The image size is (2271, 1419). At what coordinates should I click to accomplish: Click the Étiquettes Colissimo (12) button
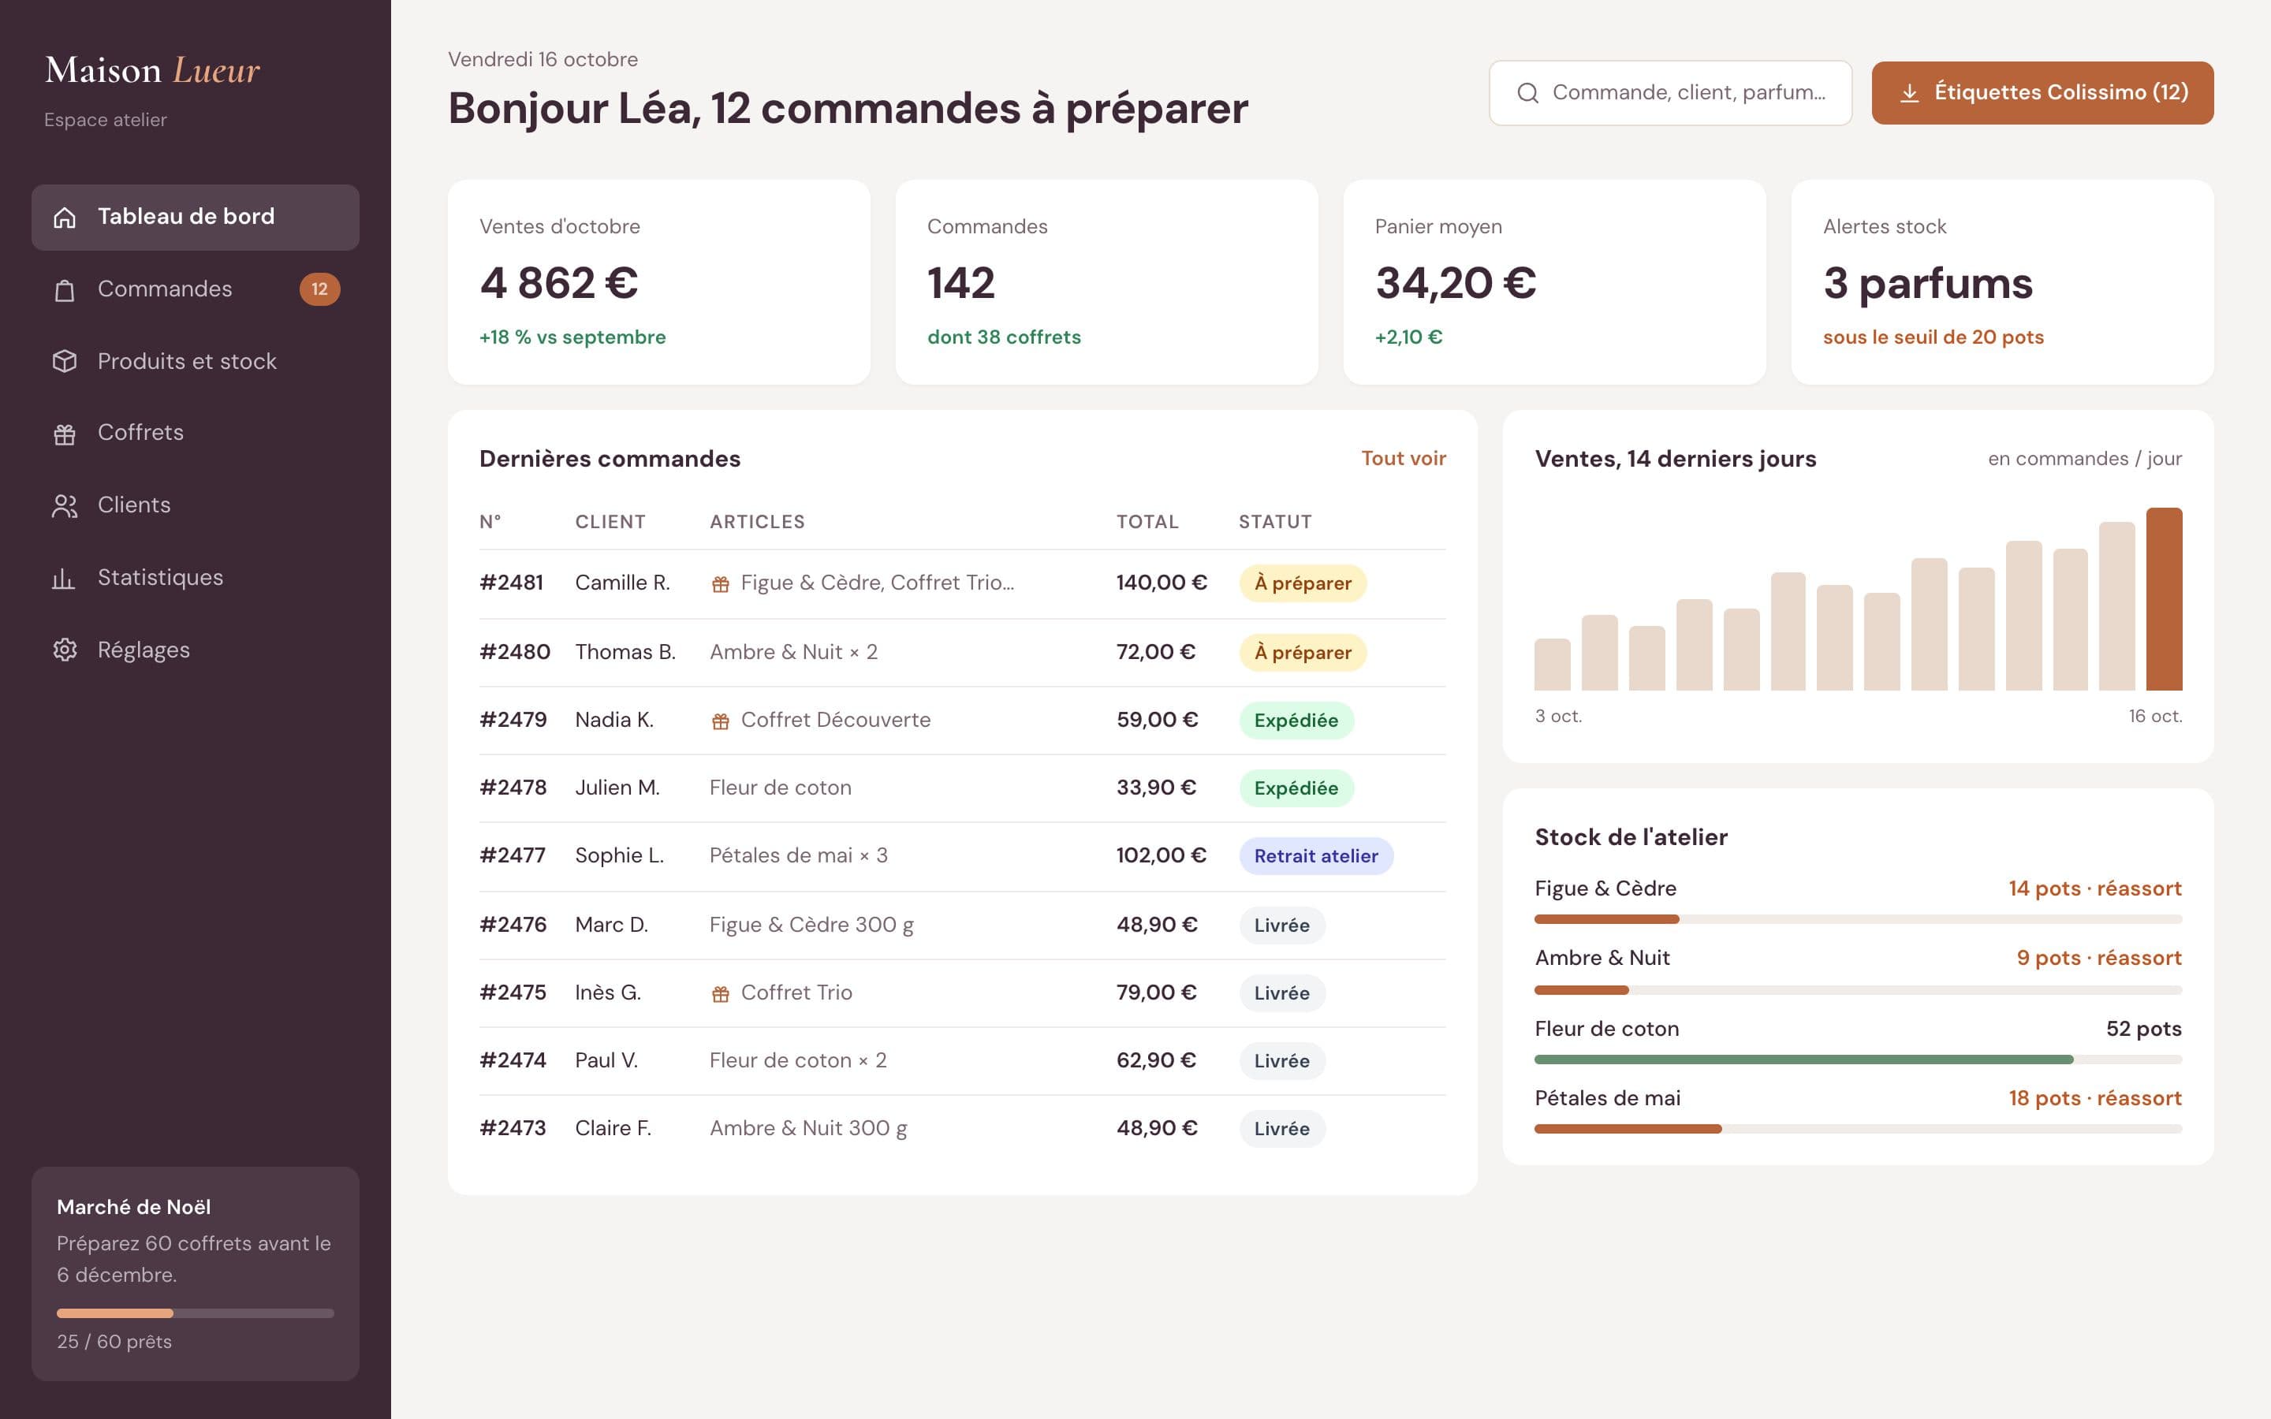[2042, 93]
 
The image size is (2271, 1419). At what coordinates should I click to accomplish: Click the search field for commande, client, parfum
[1670, 93]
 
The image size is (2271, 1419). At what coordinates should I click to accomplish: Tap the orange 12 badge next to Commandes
[320, 289]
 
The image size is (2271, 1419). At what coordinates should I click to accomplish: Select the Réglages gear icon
[65, 650]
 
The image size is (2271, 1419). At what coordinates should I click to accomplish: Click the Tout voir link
[1403, 458]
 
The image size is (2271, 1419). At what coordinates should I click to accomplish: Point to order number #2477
[513, 855]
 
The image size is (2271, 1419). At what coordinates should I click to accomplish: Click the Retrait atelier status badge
[1315, 856]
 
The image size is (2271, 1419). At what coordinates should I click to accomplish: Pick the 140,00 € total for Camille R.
[1161, 583]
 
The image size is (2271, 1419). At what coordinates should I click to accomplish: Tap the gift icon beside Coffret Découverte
[721, 721]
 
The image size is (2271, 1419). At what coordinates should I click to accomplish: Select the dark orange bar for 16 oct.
[2164, 599]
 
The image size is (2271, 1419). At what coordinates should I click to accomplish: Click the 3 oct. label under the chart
[1559, 716]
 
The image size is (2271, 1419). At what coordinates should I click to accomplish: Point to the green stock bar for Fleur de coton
[1803, 1060]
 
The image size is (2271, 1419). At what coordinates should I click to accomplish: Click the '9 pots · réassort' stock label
[2098, 958]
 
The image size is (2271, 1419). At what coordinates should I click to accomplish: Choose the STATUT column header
[1274, 522]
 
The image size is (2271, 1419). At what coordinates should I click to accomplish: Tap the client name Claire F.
[613, 1128]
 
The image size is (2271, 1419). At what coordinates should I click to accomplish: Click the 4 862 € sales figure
[559, 282]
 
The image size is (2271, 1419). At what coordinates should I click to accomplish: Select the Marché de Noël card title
[133, 1207]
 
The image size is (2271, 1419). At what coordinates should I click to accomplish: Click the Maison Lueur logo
[152, 70]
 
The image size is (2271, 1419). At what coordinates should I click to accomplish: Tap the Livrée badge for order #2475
[1282, 993]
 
